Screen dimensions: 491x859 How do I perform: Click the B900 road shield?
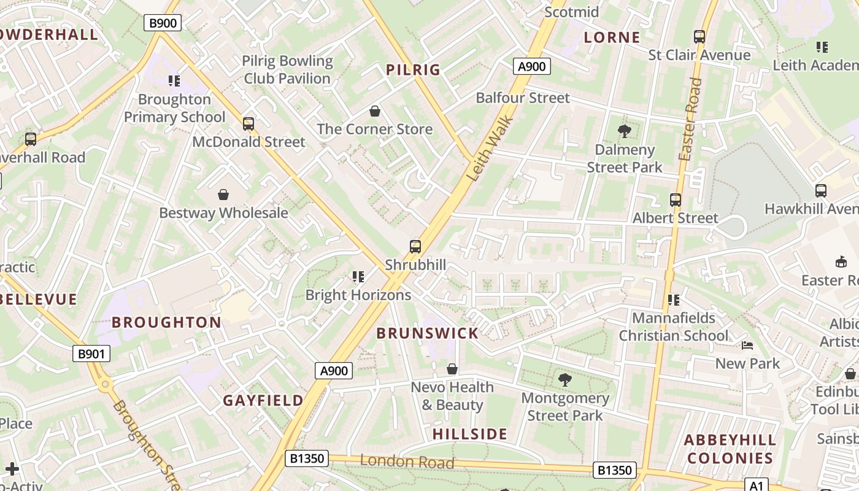click(163, 23)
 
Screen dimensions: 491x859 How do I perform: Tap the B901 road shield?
click(93, 354)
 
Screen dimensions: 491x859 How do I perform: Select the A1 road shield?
click(757, 485)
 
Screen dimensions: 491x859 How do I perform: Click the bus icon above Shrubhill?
click(415, 247)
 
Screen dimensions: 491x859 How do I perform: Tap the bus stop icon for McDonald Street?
click(248, 124)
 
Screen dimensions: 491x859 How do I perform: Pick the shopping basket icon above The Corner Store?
click(375, 111)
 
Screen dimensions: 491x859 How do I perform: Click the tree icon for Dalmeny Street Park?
click(625, 131)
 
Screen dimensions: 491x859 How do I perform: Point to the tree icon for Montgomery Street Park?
click(564, 379)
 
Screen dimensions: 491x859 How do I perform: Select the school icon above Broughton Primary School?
click(174, 81)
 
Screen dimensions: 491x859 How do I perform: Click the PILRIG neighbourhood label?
click(414, 70)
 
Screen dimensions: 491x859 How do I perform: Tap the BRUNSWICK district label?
click(427, 333)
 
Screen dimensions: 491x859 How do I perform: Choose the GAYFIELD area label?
click(263, 401)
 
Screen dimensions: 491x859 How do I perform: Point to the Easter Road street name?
click(690, 120)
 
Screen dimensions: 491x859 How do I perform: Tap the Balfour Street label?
click(523, 98)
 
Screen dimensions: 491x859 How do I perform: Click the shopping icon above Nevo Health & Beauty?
click(452, 369)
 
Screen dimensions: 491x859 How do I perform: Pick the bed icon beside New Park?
click(747, 346)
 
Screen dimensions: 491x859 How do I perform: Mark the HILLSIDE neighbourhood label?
click(470, 434)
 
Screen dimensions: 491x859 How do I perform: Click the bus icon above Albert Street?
click(676, 200)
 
